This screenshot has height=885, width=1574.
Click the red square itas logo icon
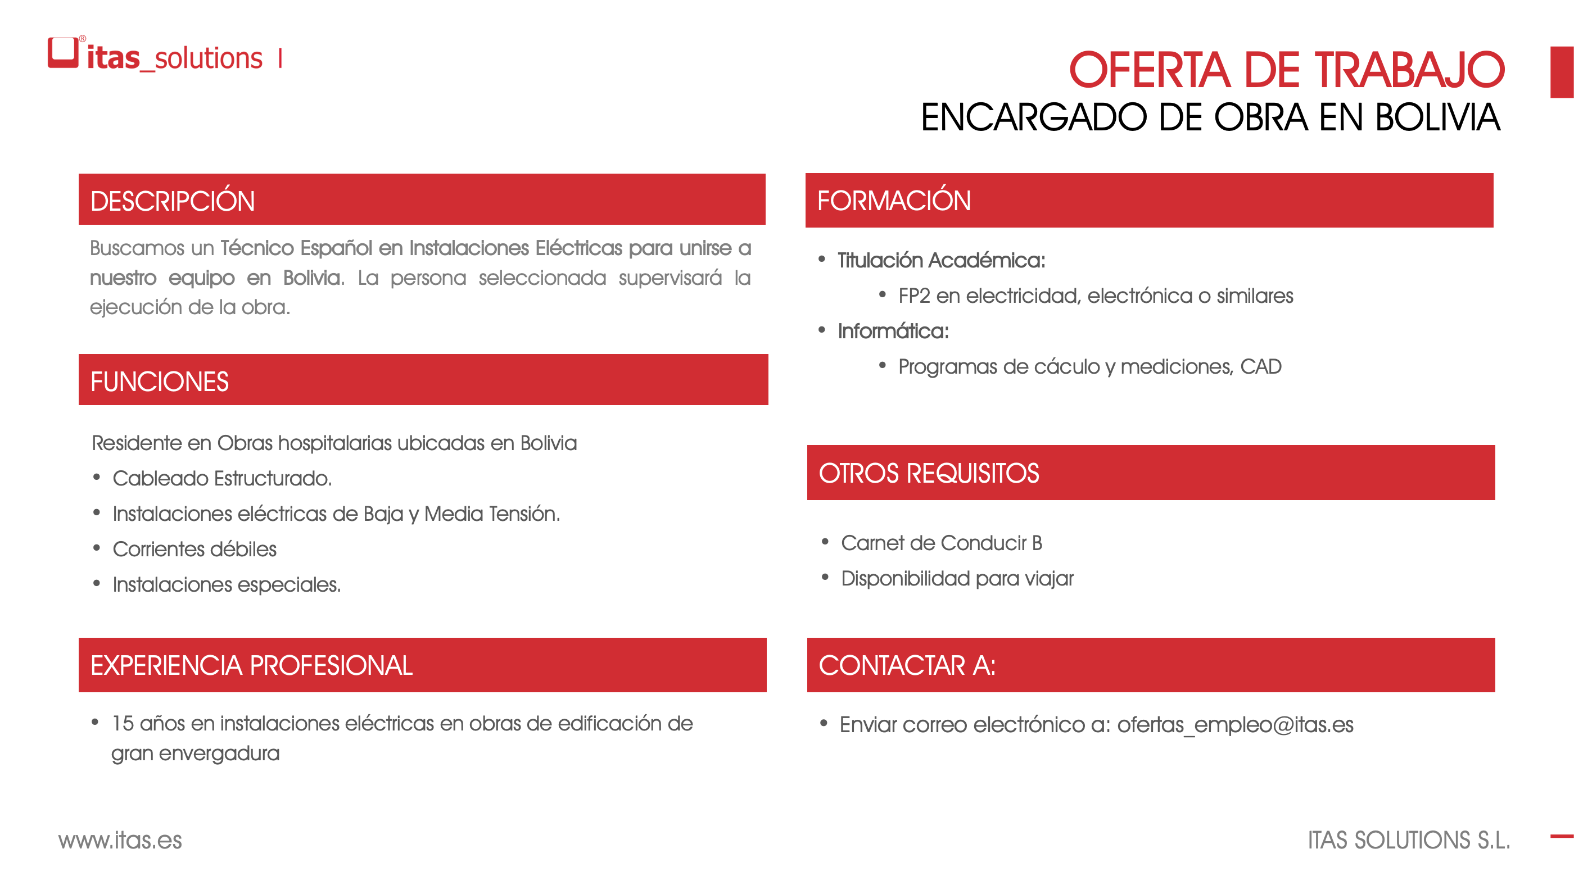tap(63, 52)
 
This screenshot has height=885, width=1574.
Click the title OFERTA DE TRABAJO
tap(1287, 70)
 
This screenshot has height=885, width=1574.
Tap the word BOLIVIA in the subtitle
tap(1438, 117)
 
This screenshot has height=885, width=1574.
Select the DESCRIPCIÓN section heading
tap(173, 201)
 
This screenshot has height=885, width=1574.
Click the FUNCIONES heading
tap(160, 382)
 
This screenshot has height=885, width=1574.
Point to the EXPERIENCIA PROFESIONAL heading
tap(252, 665)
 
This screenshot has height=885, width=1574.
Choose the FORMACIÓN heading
tap(894, 201)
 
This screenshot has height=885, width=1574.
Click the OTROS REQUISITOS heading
tap(929, 473)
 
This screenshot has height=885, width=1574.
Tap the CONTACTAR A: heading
tap(907, 665)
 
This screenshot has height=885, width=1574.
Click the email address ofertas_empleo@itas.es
tap(1235, 724)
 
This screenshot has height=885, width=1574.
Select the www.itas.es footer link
tap(120, 841)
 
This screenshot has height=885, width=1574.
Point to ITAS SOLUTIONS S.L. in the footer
tap(1409, 841)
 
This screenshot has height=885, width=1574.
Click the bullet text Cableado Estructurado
tap(223, 478)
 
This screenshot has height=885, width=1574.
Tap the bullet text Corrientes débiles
tap(195, 549)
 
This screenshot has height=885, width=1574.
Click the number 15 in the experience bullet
tap(123, 724)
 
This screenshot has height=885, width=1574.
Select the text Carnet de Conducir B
tap(942, 543)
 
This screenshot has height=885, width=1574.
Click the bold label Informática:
tap(893, 331)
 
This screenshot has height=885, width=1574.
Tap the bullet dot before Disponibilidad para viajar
tap(825, 577)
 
